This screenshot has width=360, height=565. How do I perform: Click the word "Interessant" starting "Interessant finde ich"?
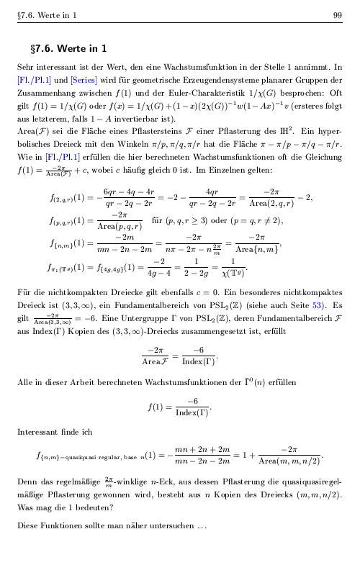(38, 432)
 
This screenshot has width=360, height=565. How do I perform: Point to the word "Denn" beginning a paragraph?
(27, 479)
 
